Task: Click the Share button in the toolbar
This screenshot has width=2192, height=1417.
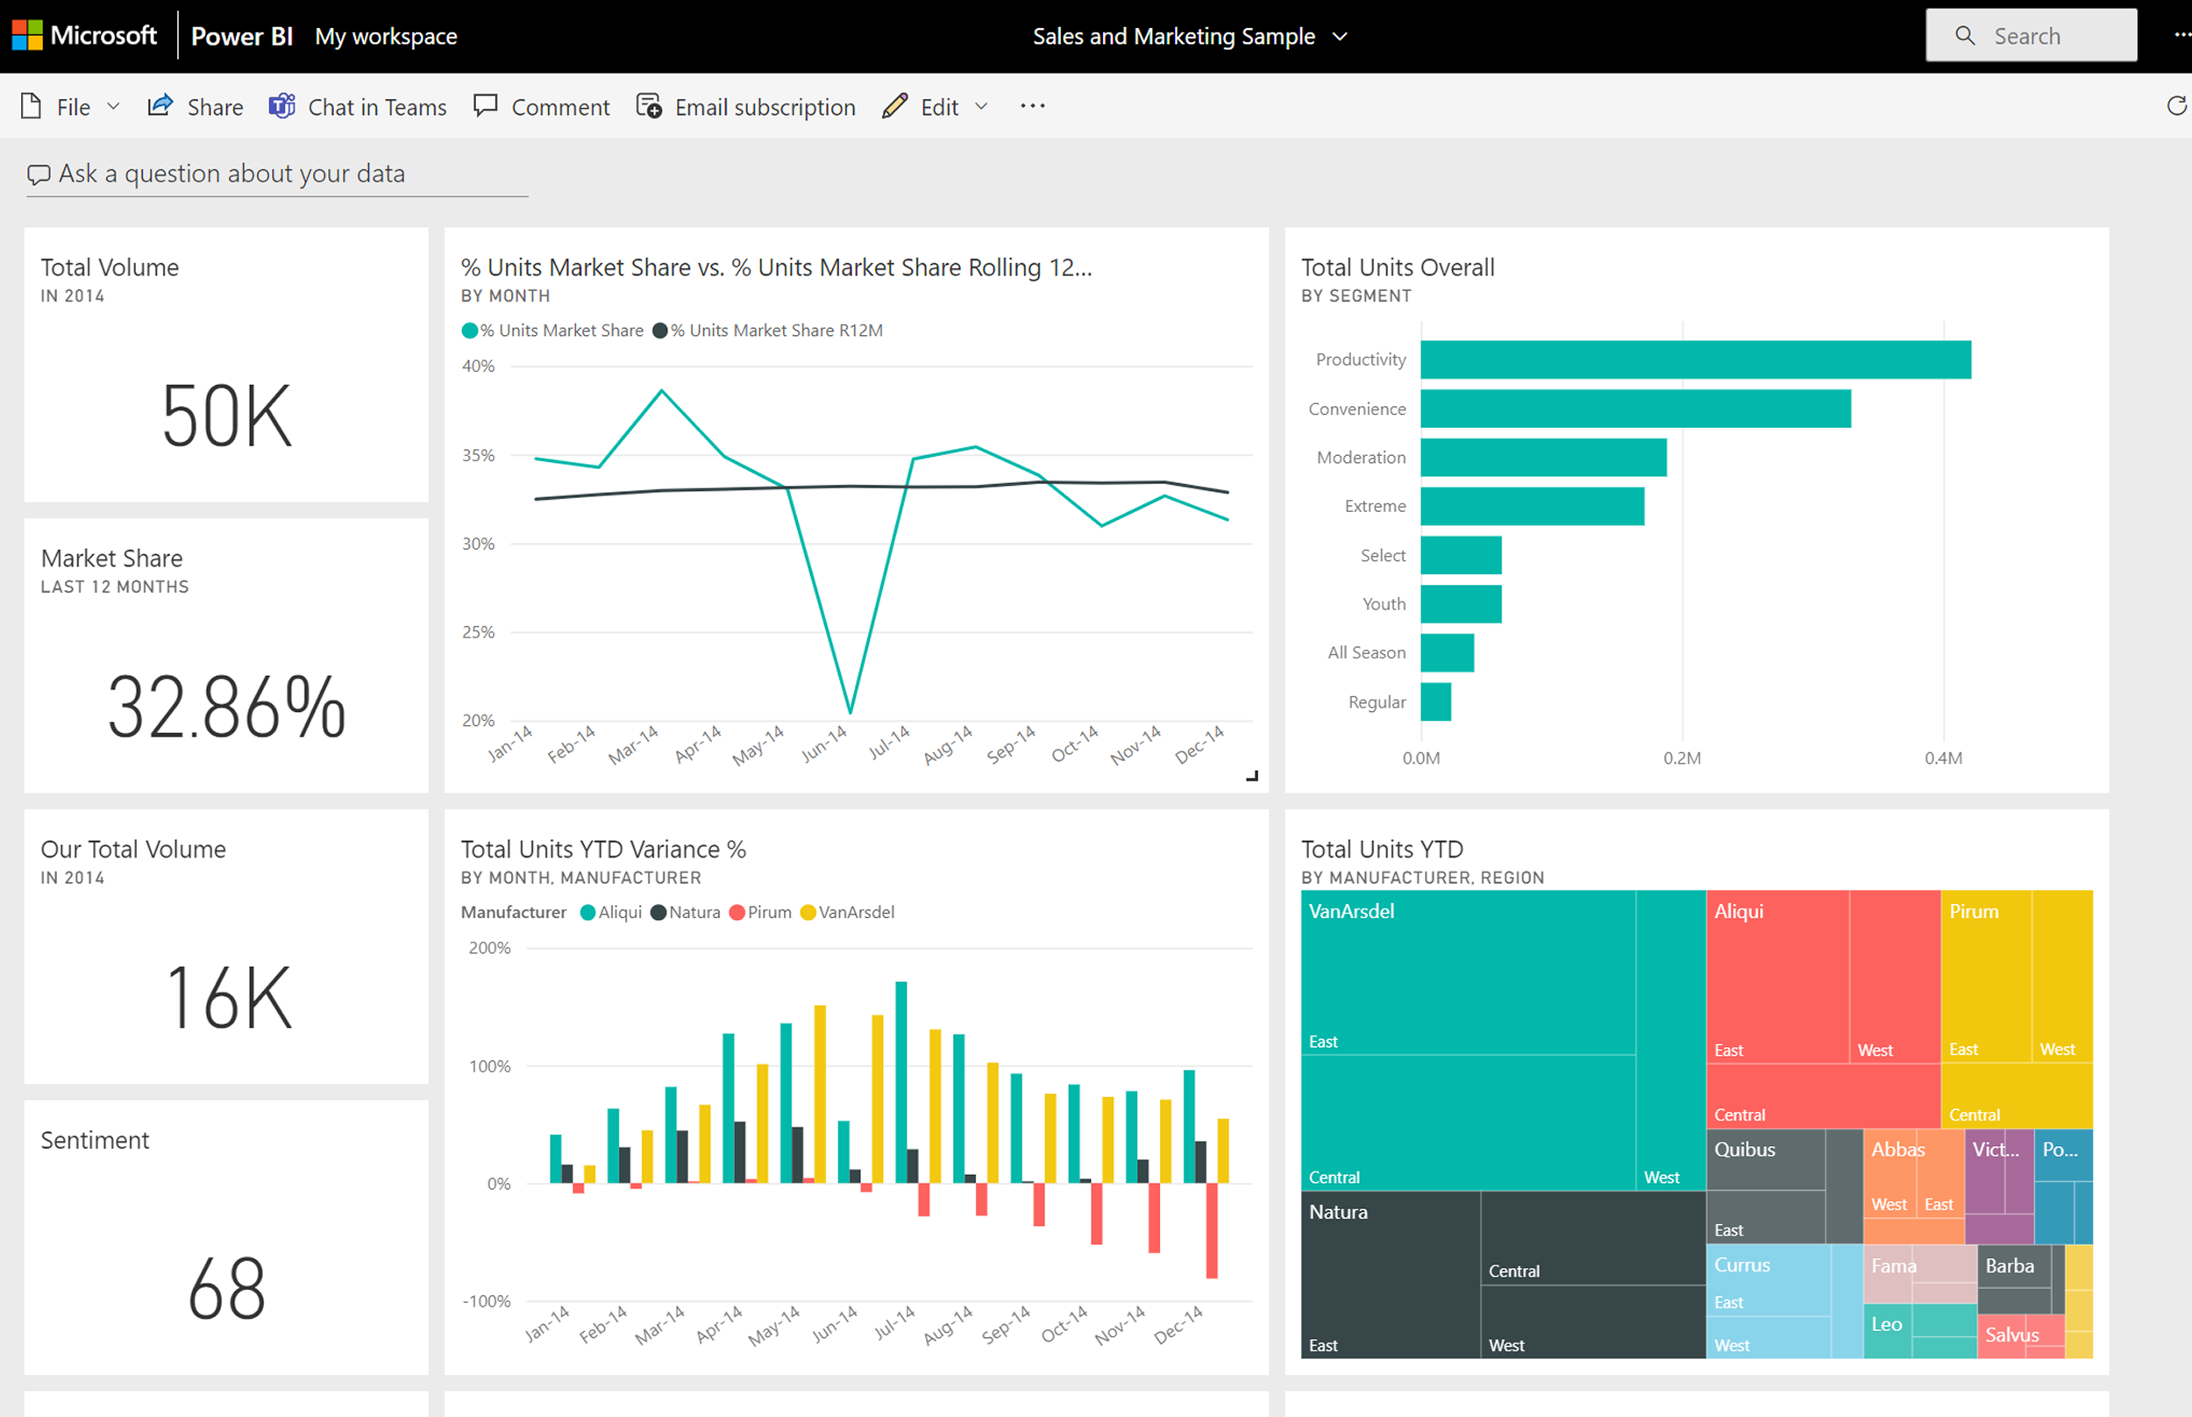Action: [x=196, y=108]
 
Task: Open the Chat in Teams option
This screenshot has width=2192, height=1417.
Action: [x=358, y=108]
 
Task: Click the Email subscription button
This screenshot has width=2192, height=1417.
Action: [x=746, y=108]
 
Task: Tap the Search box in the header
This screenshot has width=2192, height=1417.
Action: [x=2031, y=36]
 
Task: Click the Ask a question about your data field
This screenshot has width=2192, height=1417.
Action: [x=231, y=174]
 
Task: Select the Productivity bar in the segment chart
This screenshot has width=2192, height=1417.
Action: [x=1694, y=360]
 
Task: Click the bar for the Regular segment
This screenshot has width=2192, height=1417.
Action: [x=1435, y=702]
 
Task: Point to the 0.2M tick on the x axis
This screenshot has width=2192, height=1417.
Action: [x=1682, y=758]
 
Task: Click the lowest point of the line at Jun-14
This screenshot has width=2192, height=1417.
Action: [x=850, y=711]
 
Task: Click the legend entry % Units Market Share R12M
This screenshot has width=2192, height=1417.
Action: [x=775, y=331]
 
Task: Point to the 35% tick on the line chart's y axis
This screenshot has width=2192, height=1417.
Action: [x=479, y=455]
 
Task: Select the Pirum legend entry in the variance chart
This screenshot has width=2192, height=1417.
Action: [x=768, y=912]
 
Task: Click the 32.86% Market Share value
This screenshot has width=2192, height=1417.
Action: [x=226, y=708]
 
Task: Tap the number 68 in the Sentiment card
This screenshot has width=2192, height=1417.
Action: [x=226, y=1289]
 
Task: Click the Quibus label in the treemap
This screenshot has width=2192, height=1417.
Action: [x=1744, y=1150]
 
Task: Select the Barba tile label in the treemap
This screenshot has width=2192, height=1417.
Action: [x=2009, y=1266]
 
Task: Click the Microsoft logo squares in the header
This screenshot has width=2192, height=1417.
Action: [x=27, y=36]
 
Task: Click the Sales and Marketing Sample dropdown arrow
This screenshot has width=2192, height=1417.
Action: [x=1341, y=37]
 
